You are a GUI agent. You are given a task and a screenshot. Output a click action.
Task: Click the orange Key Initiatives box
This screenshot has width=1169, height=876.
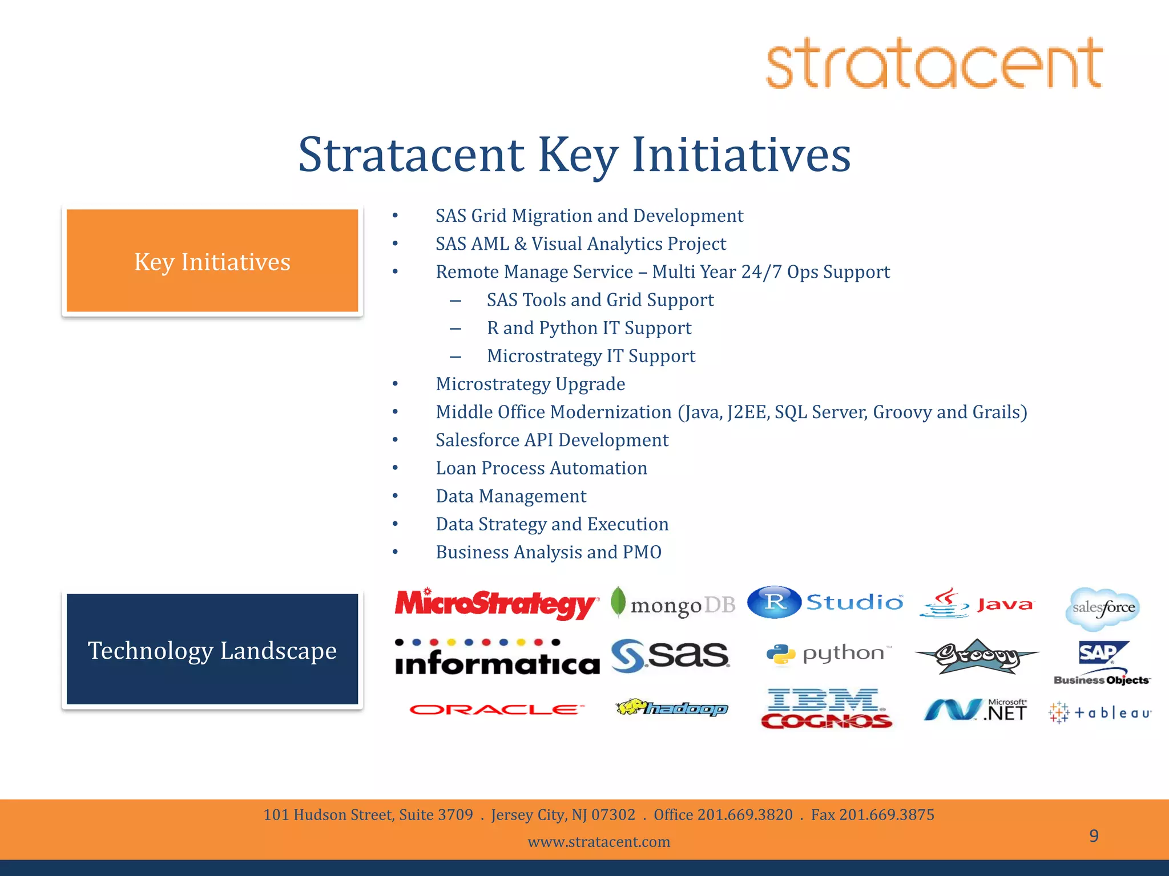pyautogui.click(x=212, y=261)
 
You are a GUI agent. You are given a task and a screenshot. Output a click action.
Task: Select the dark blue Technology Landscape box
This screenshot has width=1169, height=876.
pyautogui.click(x=212, y=650)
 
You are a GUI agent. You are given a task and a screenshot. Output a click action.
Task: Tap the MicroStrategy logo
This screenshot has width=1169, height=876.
pyautogui.click(x=495, y=604)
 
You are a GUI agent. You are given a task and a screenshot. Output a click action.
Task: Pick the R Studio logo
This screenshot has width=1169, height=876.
pyautogui.click(x=825, y=602)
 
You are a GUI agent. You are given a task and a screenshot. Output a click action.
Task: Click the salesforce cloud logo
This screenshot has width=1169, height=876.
pyautogui.click(x=1103, y=608)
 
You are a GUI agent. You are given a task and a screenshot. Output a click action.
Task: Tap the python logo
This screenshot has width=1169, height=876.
pyautogui.click(x=828, y=654)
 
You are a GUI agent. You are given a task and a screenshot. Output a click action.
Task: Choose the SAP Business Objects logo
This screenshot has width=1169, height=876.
pyautogui.click(x=1102, y=663)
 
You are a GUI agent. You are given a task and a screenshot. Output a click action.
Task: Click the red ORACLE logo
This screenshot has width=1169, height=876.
pyautogui.click(x=497, y=709)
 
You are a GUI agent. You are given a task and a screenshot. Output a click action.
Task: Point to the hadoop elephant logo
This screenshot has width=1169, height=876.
pyautogui.click(x=671, y=708)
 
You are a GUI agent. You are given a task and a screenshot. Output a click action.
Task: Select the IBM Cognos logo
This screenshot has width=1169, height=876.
pyautogui.click(x=825, y=709)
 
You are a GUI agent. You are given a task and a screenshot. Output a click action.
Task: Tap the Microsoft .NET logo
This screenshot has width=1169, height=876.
pyautogui.click(x=976, y=711)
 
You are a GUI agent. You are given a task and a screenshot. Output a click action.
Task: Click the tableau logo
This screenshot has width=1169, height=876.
pyautogui.click(x=1101, y=712)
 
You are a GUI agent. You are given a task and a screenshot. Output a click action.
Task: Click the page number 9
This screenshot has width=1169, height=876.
pyautogui.click(x=1094, y=836)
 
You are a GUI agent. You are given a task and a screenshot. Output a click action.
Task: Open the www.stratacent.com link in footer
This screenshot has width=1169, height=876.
pyautogui.click(x=599, y=842)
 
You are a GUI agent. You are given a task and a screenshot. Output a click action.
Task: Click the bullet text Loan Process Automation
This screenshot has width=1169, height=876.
pyautogui.click(x=541, y=468)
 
